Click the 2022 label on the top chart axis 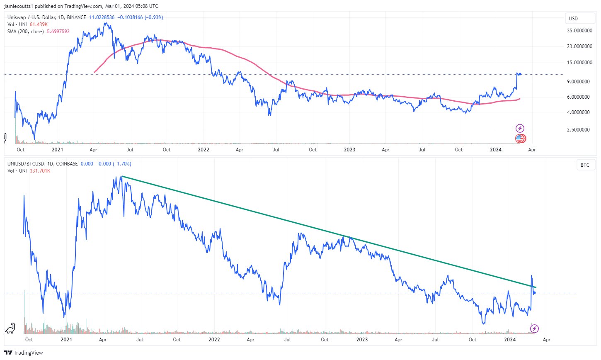coord(203,150)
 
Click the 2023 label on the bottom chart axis coord(362,340)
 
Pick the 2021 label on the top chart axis coord(57,150)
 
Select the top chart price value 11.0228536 coord(102,17)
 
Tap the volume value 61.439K coord(39,24)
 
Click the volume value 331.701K coord(40,171)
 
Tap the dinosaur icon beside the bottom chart coord(10,328)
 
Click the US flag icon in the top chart coord(520,139)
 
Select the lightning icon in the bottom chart coord(535,329)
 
